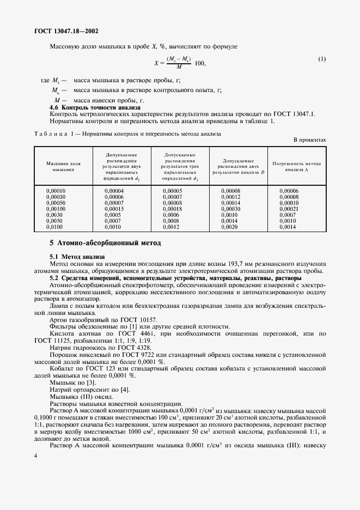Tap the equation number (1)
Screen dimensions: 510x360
tap(322, 58)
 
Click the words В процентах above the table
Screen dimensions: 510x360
tap(310, 140)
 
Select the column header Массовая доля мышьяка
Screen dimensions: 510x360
tap(63, 166)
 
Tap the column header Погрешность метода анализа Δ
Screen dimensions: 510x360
tap(297, 166)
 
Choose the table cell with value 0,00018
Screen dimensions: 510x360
tap(172, 209)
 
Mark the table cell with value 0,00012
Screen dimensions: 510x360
tap(230, 197)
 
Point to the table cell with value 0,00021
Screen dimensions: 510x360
tap(289, 209)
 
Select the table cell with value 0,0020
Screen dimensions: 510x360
tap(229, 227)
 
